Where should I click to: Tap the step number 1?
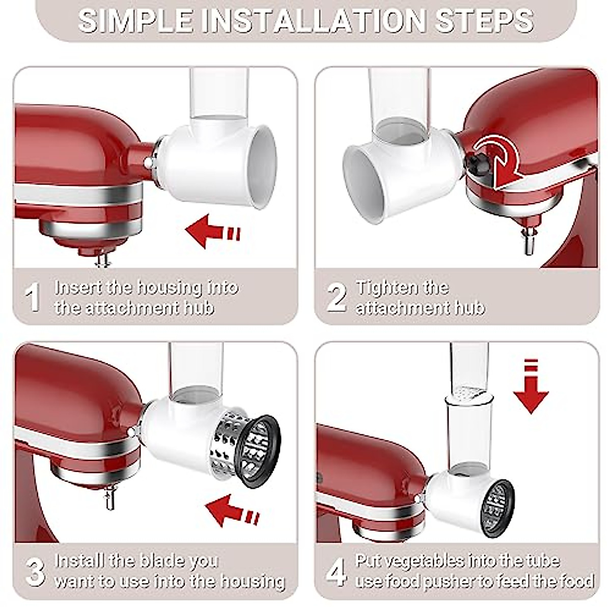[33, 297]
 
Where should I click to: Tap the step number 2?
[336, 297]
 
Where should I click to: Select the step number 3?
[34, 571]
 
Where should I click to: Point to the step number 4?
[336, 571]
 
